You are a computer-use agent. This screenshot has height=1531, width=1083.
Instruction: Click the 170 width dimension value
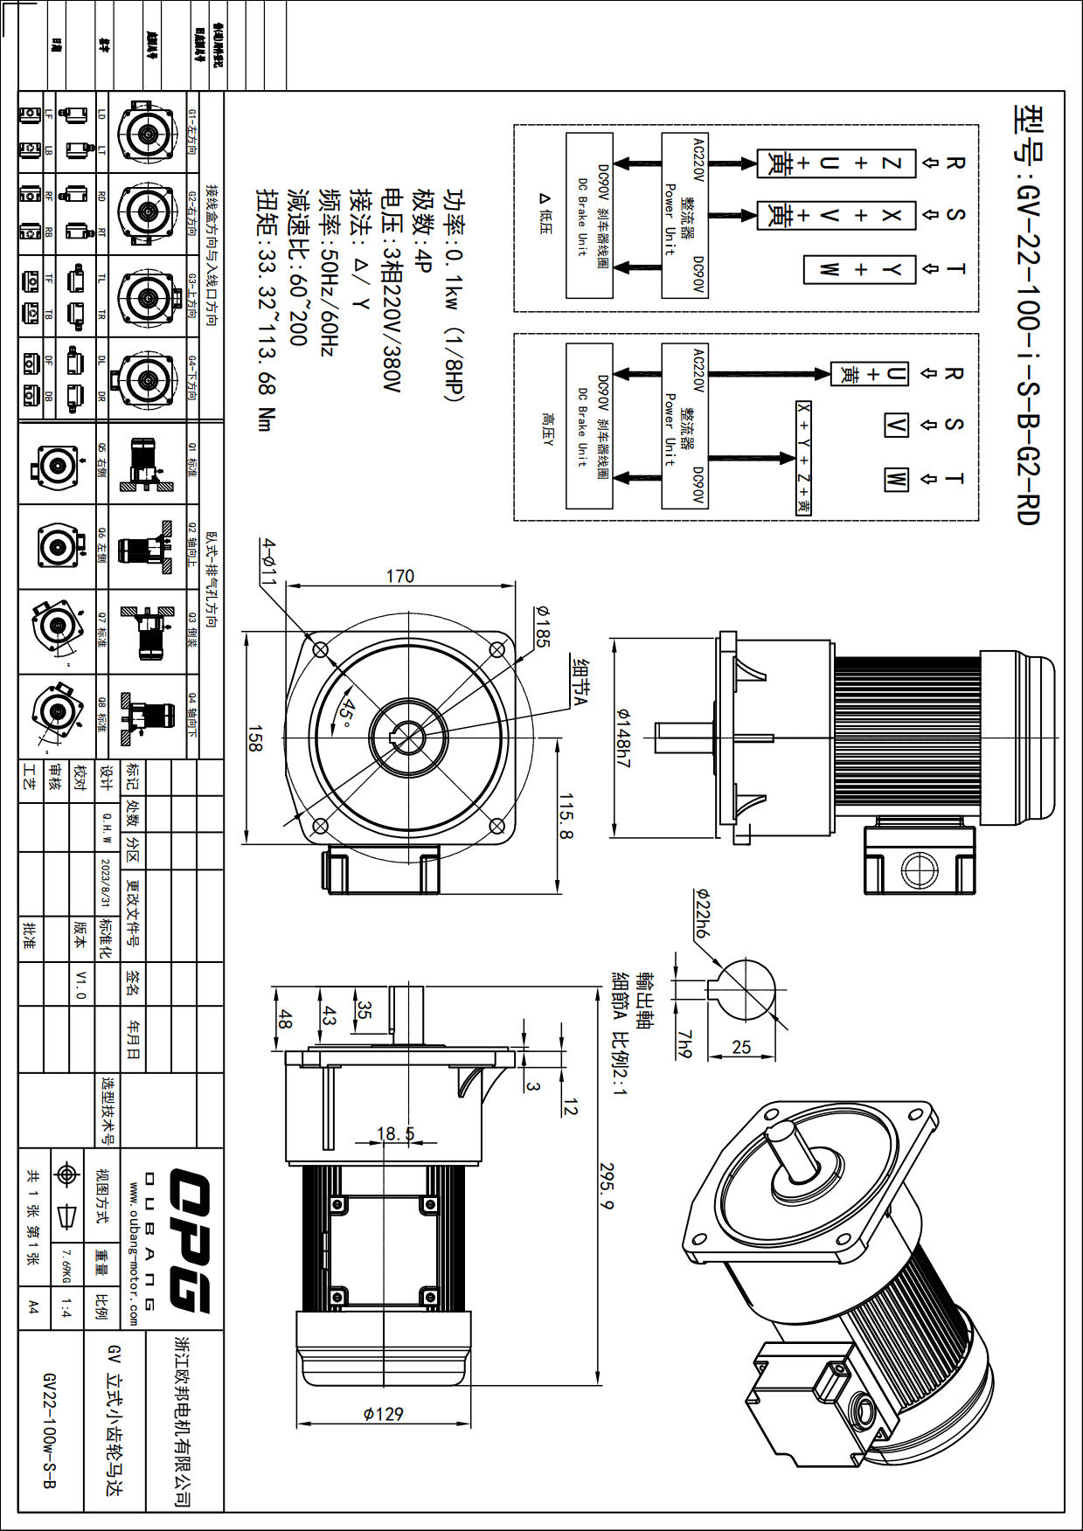399,576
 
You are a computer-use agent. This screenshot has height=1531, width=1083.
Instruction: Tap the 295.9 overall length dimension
607,1186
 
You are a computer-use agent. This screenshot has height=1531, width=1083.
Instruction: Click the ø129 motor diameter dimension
383,1413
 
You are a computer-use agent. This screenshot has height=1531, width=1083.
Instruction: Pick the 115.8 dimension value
566,816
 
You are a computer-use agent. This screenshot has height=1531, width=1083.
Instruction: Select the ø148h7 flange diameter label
622,738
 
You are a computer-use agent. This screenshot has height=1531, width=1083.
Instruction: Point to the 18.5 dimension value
395,1133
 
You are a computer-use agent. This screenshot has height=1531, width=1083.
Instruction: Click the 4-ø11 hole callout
268,562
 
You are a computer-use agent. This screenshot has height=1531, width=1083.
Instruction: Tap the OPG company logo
189,1241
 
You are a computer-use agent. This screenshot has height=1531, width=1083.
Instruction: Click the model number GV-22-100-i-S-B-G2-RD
1028,315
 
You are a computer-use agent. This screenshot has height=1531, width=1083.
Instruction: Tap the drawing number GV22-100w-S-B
50,1430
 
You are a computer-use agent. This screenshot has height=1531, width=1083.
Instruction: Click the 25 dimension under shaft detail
741,1046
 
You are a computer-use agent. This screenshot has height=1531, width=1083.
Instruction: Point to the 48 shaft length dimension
284,1018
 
